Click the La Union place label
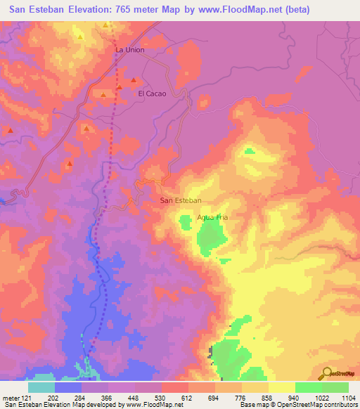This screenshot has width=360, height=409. point(129,50)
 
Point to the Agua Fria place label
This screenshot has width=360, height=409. point(213,218)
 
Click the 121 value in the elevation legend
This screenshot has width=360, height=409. point(27,398)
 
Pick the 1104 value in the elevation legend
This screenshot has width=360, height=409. point(348,398)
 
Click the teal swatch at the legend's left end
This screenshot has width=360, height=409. point(41,387)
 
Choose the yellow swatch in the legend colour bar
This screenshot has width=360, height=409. point(282,387)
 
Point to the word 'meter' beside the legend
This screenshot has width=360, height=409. point(11,398)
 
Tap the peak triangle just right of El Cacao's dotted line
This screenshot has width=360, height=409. point(133,79)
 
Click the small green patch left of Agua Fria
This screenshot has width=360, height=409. point(185,223)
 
